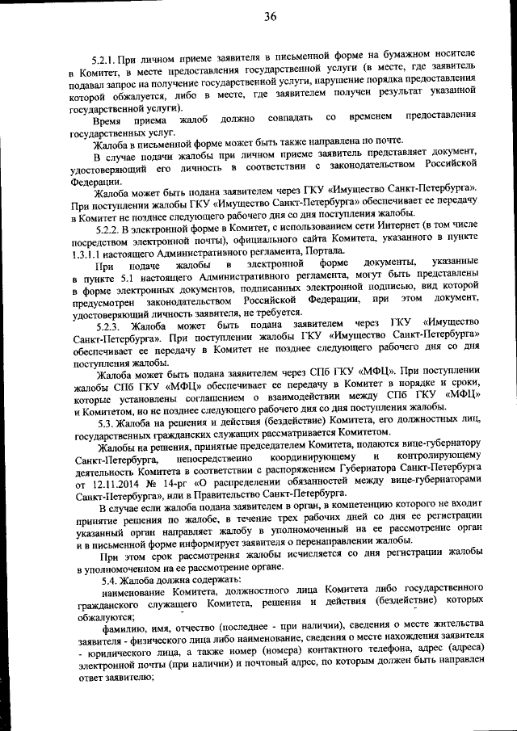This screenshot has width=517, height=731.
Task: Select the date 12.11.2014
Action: click(103, 481)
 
